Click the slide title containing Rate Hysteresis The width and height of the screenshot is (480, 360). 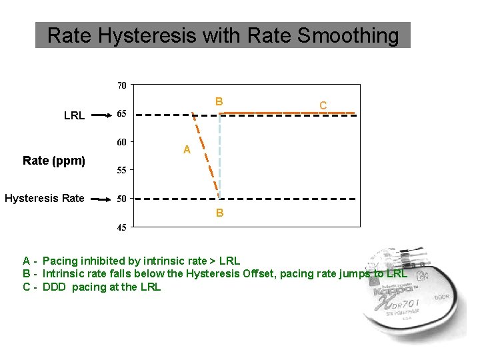point(223,35)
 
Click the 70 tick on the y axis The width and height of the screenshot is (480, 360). point(122,85)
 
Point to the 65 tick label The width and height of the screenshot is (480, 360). point(122,114)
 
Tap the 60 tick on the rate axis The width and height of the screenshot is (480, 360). point(122,142)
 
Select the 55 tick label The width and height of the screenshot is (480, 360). point(122,171)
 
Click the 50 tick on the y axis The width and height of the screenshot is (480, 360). point(122,199)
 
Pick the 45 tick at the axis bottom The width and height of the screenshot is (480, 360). point(122,227)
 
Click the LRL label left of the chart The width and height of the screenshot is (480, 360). point(74,116)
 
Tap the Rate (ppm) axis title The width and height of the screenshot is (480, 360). point(54,161)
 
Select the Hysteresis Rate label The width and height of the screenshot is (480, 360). point(45,198)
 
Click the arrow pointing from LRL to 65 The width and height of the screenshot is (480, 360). point(101,115)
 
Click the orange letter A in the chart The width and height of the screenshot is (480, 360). point(187,151)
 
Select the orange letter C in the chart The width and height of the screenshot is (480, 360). point(323,105)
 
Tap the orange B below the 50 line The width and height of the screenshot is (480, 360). point(219,213)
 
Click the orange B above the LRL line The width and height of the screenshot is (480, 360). point(219,102)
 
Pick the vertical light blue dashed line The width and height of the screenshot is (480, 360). point(220,157)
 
